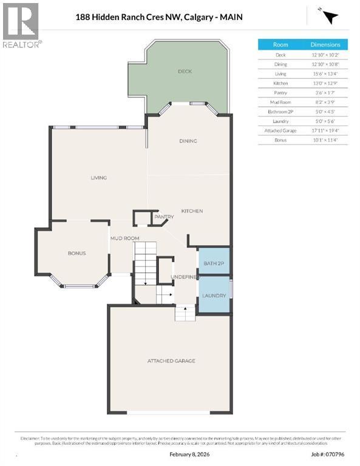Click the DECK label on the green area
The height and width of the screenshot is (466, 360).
click(x=185, y=72)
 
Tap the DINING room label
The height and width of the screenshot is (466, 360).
click(x=188, y=141)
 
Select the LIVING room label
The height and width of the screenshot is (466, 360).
click(x=98, y=178)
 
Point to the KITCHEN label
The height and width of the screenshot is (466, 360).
click(x=192, y=211)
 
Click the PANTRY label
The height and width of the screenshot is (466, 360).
click(x=164, y=217)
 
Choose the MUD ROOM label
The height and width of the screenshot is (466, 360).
click(x=124, y=238)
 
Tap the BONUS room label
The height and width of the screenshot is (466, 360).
click(x=76, y=253)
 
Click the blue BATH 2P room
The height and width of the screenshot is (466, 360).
click(x=214, y=263)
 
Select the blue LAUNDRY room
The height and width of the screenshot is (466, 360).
click(x=214, y=295)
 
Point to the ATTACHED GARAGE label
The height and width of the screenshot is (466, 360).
click(x=171, y=361)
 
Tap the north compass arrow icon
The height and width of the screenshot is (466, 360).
click(x=328, y=17)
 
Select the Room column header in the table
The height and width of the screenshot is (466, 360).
click(x=280, y=45)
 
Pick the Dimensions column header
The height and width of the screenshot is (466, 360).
click(x=330, y=45)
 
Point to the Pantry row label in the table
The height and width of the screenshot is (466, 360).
click(x=280, y=93)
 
